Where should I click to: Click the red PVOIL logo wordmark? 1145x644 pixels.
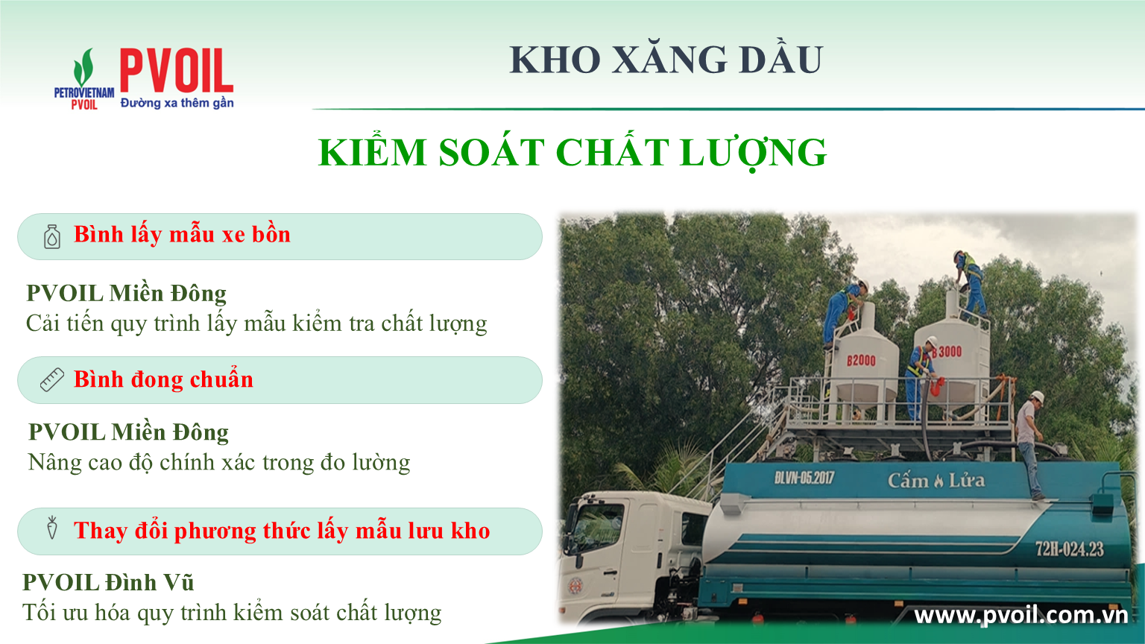point(177,71)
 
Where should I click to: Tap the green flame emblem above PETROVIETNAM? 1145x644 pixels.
point(83,67)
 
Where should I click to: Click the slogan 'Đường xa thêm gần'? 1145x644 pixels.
point(177,103)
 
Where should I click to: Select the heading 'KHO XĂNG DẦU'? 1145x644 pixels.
point(666,60)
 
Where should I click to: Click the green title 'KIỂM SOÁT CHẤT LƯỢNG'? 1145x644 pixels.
point(572,153)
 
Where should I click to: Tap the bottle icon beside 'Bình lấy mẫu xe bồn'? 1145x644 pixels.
point(52,236)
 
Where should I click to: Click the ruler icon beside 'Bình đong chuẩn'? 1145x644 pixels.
point(52,379)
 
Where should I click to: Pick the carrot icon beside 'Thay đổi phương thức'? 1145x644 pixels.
point(51,528)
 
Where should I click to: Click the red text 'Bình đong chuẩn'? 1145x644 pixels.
point(163,379)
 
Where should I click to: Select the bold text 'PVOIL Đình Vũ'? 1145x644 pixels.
point(108,582)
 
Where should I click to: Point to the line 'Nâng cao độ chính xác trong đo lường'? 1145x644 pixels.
point(219,463)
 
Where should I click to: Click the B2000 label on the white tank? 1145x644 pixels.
point(861,360)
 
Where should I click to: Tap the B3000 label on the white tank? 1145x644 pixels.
point(947,352)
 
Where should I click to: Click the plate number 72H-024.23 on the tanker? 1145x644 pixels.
point(1070,549)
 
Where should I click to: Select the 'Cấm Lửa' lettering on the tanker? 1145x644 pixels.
point(936,481)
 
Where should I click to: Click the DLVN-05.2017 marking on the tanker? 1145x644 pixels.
point(804,478)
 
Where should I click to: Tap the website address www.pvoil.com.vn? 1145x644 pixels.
point(1021,616)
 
